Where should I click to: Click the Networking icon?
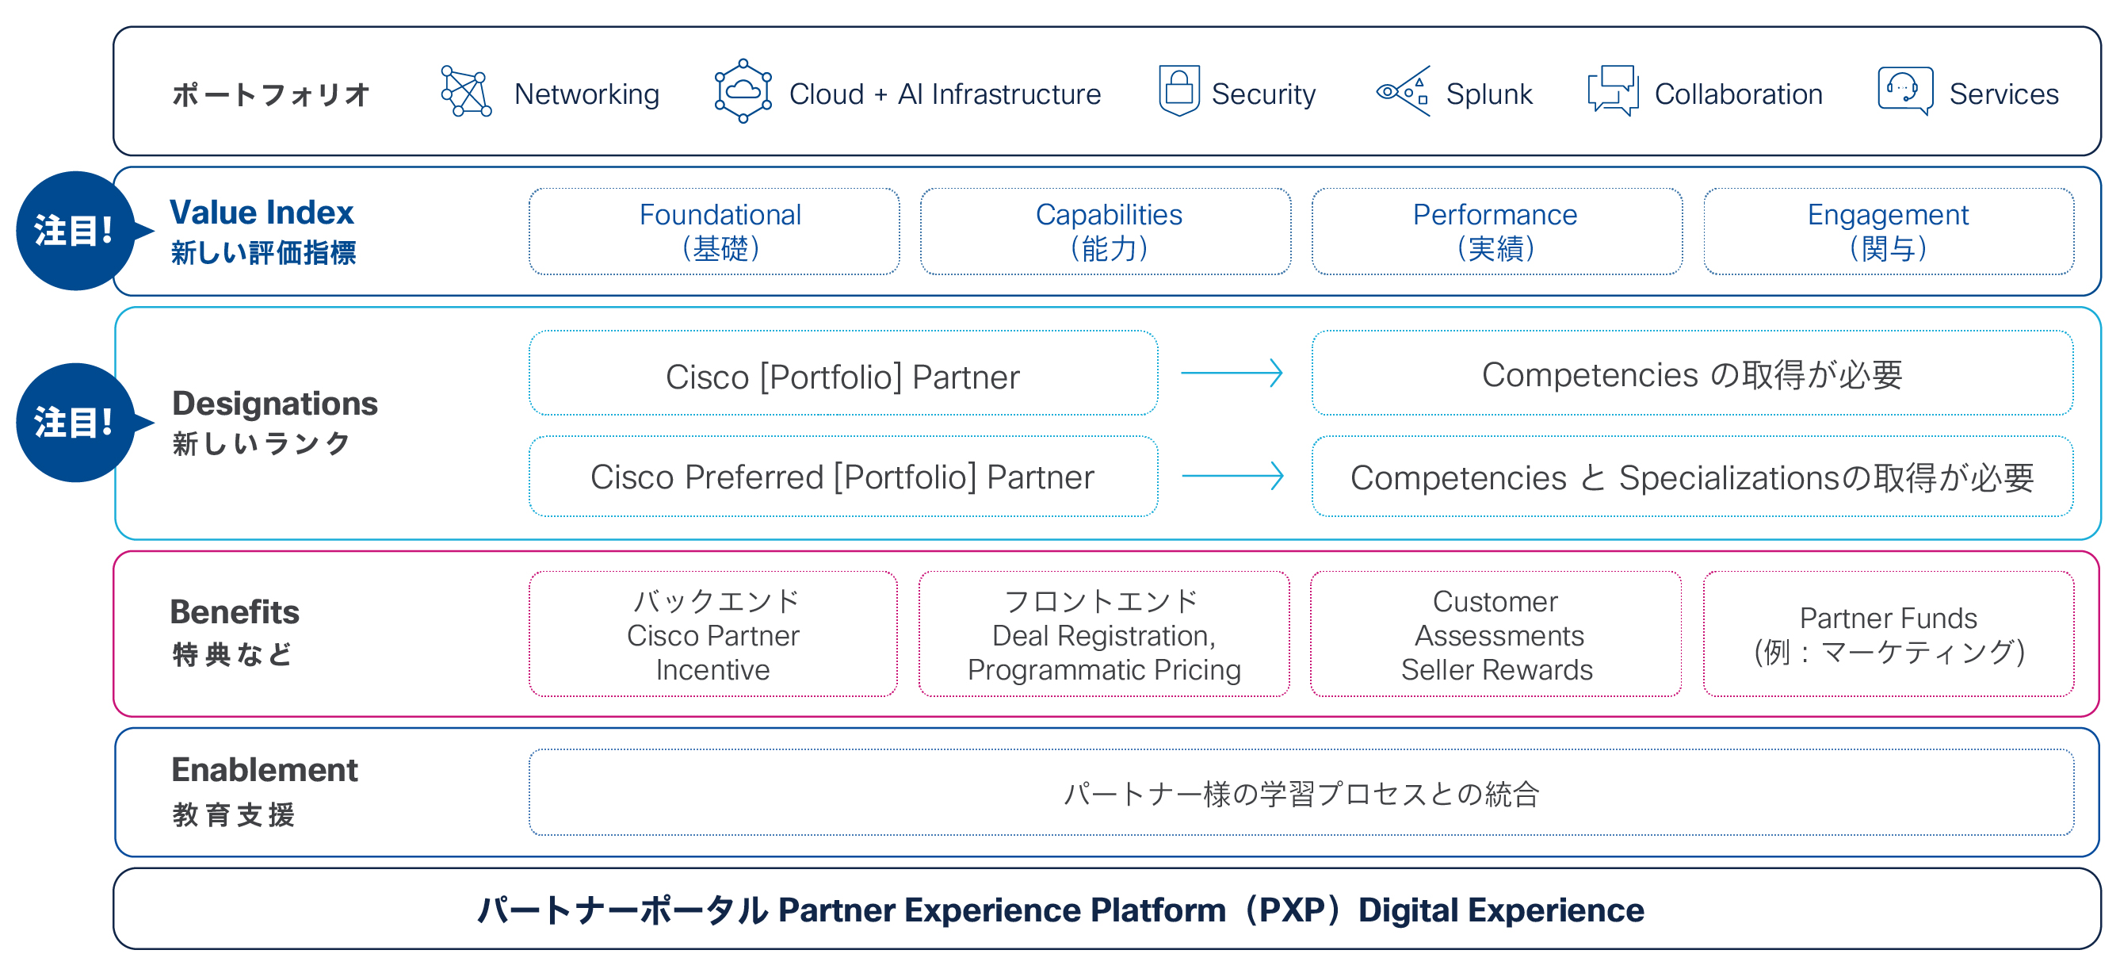pyautogui.click(x=466, y=91)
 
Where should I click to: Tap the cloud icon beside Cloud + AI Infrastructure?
pyautogui.click(x=743, y=91)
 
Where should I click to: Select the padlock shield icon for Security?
pyautogui.click(x=1178, y=90)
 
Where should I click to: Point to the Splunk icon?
pyautogui.click(x=1404, y=91)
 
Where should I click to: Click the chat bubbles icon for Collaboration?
pyautogui.click(x=1613, y=91)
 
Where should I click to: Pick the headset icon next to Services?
pyautogui.click(x=1905, y=90)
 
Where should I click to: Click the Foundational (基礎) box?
pyautogui.click(x=714, y=232)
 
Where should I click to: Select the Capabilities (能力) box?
pyautogui.click(x=1106, y=232)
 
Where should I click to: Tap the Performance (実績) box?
pyautogui.click(x=1497, y=232)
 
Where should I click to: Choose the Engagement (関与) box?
pyautogui.click(x=1889, y=232)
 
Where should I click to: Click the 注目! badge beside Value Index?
pyautogui.click(x=76, y=231)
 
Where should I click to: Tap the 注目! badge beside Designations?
pyautogui.click(x=76, y=423)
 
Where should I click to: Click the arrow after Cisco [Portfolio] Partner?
pyautogui.click(x=1232, y=373)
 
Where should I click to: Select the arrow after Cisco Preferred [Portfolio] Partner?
pyautogui.click(x=1233, y=476)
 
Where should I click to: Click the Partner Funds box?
pyautogui.click(x=1889, y=634)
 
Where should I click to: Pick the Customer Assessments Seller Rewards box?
pyautogui.click(x=1496, y=634)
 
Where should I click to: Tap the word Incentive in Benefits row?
pyautogui.click(x=712, y=670)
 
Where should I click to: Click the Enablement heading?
pyautogui.click(x=264, y=770)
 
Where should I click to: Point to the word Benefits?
pyautogui.click(x=235, y=611)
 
